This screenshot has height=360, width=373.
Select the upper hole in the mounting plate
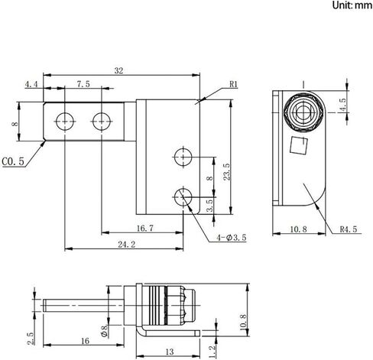[x=183, y=157]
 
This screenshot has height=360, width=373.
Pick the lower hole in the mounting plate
[x=183, y=195]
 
